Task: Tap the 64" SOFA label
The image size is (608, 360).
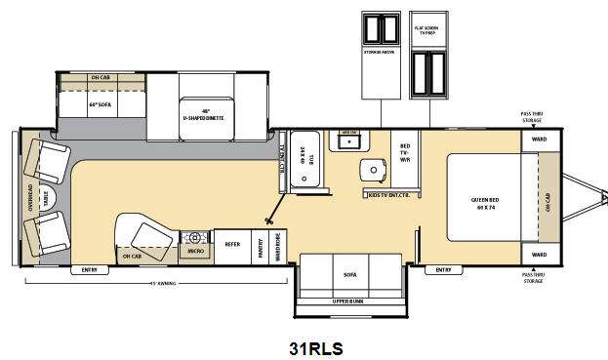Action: tap(100, 103)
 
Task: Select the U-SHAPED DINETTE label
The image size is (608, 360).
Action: tap(205, 115)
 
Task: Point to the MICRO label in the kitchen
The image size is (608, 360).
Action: tap(195, 253)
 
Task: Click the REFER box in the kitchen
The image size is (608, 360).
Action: tap(232, 244)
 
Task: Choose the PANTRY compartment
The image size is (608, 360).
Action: tap(261, 244)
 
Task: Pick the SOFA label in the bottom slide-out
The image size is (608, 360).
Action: tap(351, 276)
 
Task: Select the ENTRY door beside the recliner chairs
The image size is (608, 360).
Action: tap(90, 269)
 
